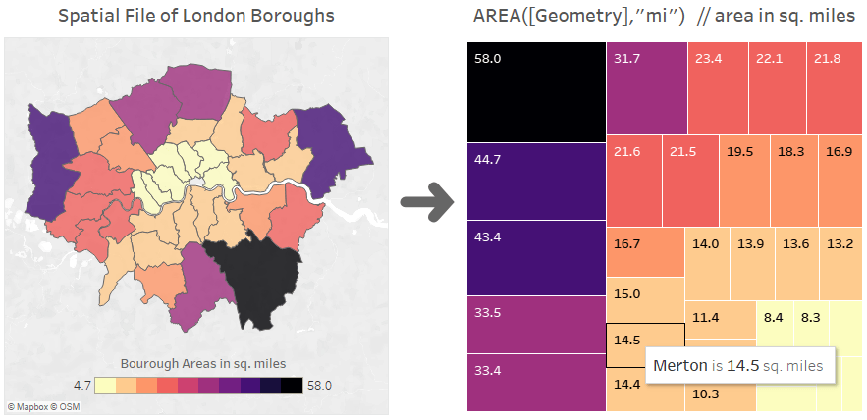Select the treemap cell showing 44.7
coord(534,182)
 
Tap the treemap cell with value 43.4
coord(534,258)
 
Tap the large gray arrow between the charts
coord(426,204)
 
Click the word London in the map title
coord(229,16)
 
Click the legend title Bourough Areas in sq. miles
coord(203,363)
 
